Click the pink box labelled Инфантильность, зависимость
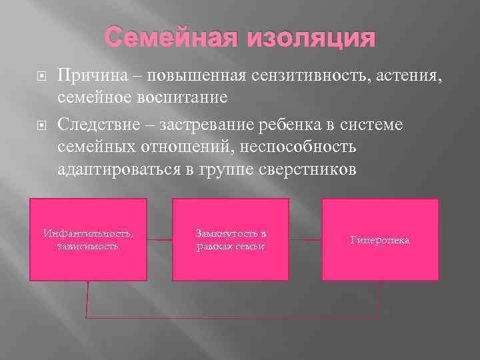88,239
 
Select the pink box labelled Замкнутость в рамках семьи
231,239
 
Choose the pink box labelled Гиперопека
380,239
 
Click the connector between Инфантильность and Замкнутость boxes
159,239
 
